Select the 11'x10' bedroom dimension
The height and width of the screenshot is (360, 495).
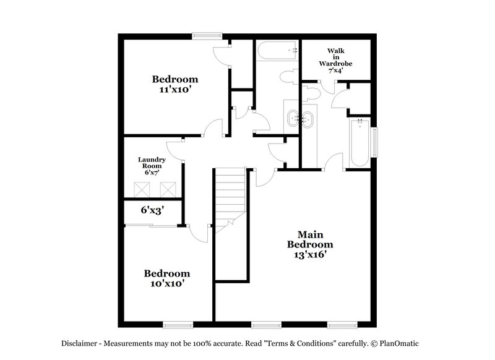click(x=175, y=89)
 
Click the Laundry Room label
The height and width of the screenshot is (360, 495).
click(x=152, y=163)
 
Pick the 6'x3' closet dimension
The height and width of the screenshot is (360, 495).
click(x=151, y=210)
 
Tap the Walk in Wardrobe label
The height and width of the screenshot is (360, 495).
click(x=335, y=59)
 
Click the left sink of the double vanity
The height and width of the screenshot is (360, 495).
click(x=293, y=118)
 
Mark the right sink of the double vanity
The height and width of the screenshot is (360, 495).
click(x=308, y=118)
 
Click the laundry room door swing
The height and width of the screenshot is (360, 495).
click(x=176, y=149)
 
